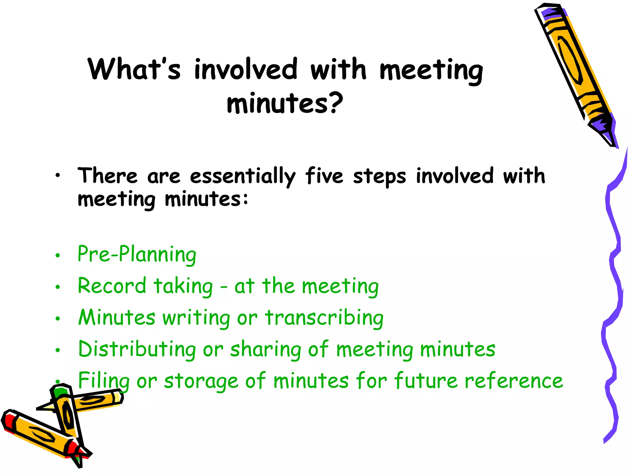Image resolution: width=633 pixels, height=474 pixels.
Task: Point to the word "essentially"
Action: click(243, 176)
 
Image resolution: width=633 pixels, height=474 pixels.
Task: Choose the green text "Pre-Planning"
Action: click(137, 254)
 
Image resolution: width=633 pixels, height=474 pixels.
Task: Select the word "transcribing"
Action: click(324, 318)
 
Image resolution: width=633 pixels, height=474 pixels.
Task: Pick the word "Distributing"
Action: click(137, 349)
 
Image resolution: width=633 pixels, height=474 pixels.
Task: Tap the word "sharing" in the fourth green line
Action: click(266, 350)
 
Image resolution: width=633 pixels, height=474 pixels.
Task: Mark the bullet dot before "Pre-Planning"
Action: click(57, 256)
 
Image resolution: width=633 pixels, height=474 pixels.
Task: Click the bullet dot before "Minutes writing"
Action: click(57, 319)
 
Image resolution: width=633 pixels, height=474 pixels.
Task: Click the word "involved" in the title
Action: click(246, 69)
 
